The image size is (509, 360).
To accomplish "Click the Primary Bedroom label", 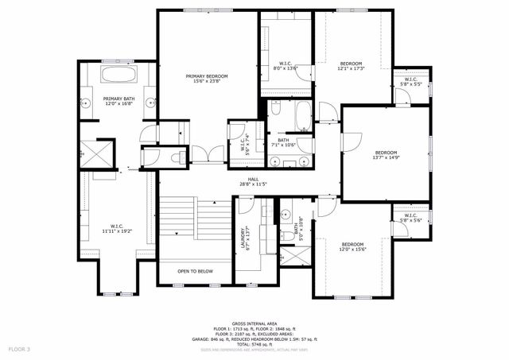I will [x=207, y=79].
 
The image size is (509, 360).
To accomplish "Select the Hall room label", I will [x=253, y=182].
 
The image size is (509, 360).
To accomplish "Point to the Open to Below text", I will [x=195, y=271].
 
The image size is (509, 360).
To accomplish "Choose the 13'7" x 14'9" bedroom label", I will [x=386, y=154].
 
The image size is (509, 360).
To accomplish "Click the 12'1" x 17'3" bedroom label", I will [x=352, y=66].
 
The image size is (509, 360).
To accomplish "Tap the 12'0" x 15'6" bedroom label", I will [x=352, y=246].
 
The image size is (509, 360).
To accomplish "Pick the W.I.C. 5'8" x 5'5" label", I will [x=410, y=81].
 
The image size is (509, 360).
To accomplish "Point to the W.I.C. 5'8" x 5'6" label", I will [x=410, y=217].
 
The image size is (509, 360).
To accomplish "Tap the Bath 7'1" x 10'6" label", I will [x=283, y=142].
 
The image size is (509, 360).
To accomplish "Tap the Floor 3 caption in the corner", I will [x=19, y=349].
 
